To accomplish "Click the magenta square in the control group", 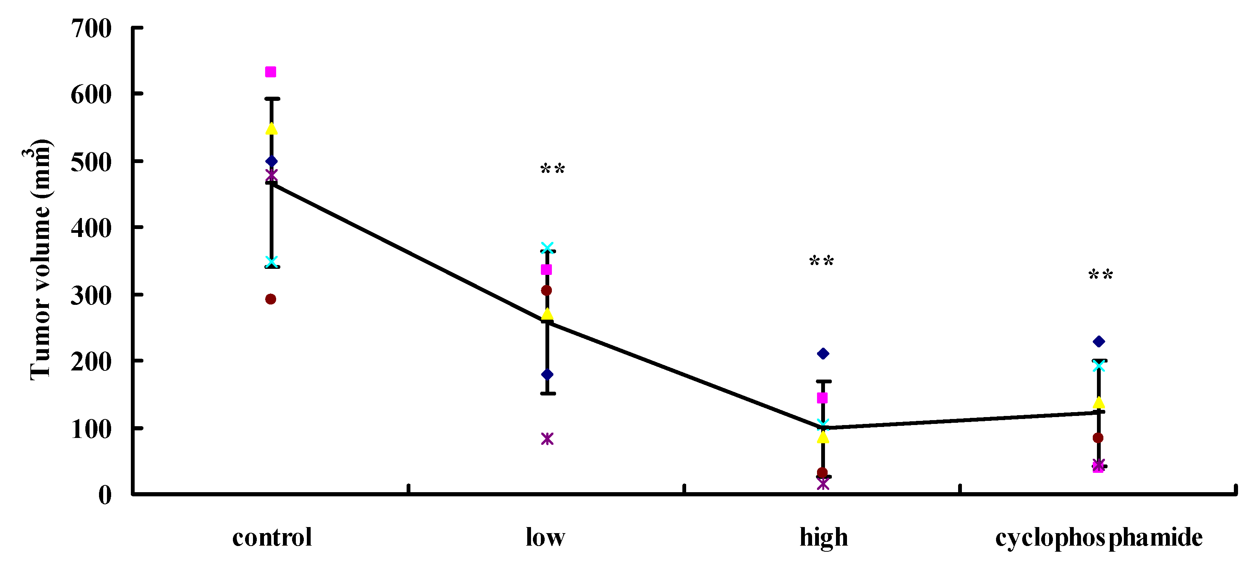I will [270, 72].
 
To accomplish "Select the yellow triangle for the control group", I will [271, 128].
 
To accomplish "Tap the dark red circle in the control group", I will [271, 299].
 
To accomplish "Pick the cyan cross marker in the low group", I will [547, 248].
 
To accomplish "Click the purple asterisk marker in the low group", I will [547, 439].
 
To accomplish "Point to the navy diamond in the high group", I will [823, 354].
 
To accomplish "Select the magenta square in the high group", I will [822, 398].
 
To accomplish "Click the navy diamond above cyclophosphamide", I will [1099, 342].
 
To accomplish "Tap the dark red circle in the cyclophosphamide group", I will [1098, 438].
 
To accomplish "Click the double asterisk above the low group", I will [552, 169].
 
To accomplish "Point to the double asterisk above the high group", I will [822, 261].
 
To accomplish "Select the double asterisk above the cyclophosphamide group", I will [1101, 275].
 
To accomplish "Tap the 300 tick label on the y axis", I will [91, 295].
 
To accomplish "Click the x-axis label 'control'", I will [272, 538].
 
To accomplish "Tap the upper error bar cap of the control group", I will [272, 99].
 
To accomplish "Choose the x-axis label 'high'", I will [824, 538].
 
